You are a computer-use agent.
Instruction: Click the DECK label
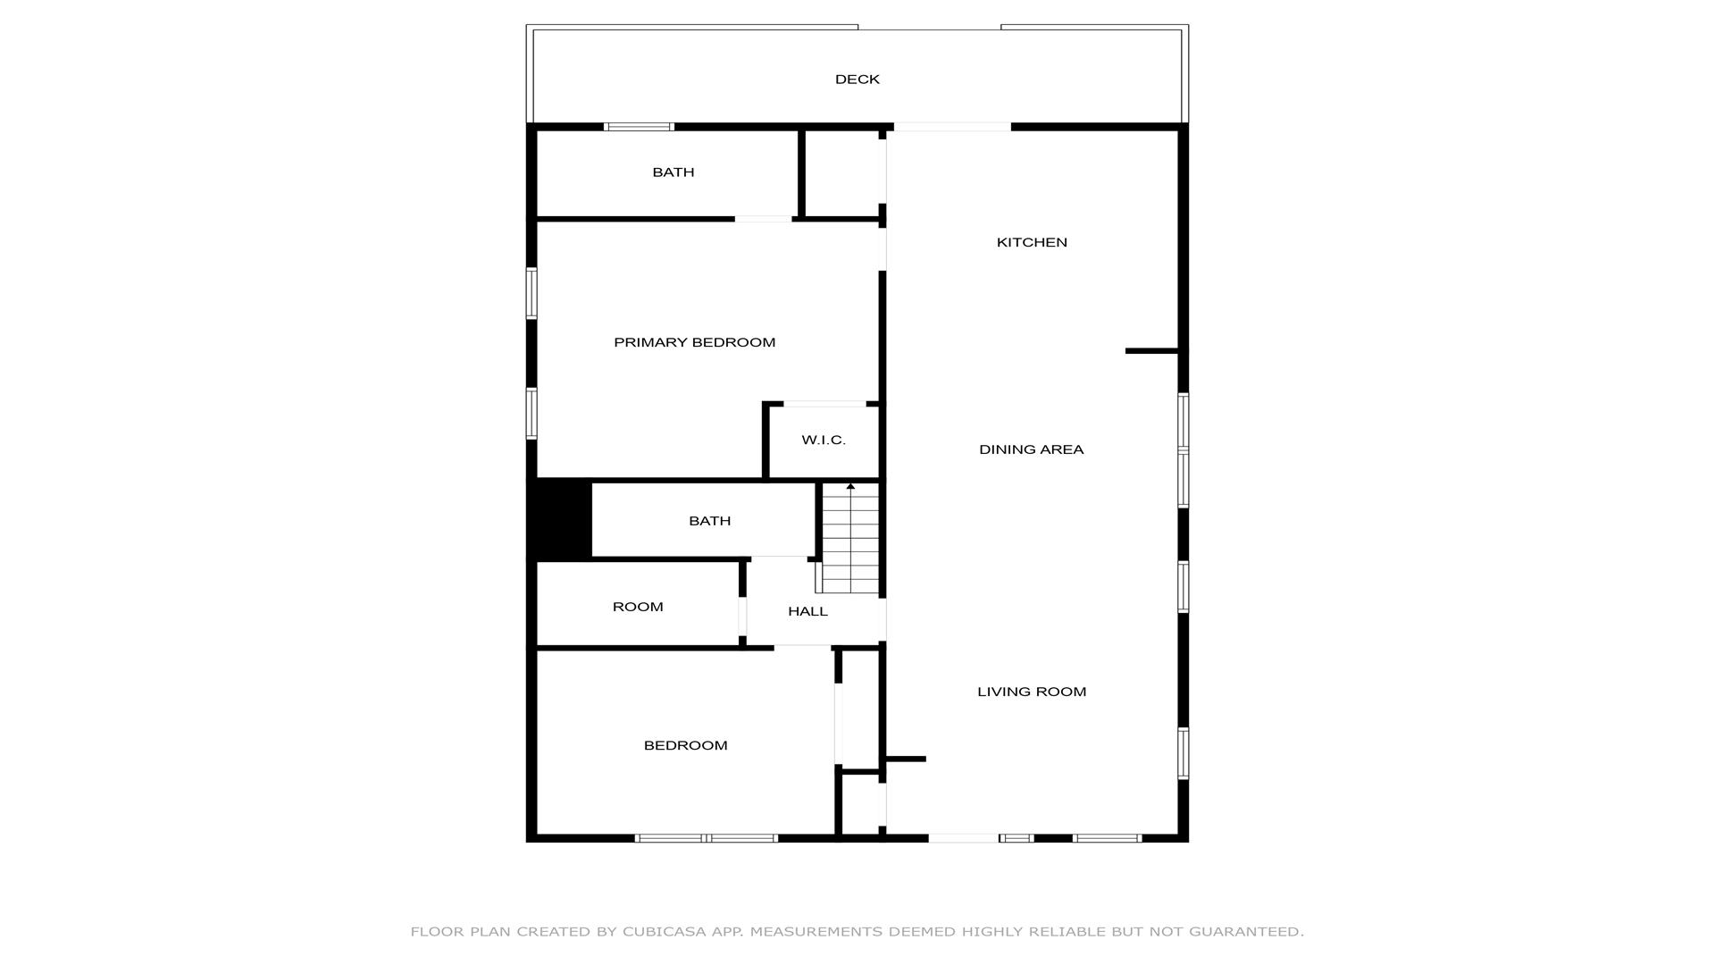coord(857,80)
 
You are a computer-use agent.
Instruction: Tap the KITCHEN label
coord(1032,242)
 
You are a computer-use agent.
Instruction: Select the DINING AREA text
coord(1032,449)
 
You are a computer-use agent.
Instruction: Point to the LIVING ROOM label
coord(1032,692)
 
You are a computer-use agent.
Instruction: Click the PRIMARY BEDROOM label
coord(695,342)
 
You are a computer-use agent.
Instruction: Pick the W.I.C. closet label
coord(824,440)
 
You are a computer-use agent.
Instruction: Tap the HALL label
coord(807,611)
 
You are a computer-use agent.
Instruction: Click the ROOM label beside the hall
coord(638,607)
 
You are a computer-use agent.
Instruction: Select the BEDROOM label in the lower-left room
coord(686,745)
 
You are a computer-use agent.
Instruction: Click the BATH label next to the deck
coord(673,172)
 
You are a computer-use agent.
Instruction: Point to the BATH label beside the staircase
coord(710,521)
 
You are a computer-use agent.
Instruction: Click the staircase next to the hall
coord(850,539)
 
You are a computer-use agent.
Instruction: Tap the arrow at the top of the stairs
coord(850,487)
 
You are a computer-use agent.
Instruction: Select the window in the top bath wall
coord(639,127)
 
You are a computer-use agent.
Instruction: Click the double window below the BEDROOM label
coord(707,838)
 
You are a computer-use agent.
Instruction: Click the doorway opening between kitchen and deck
coord(952,127)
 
